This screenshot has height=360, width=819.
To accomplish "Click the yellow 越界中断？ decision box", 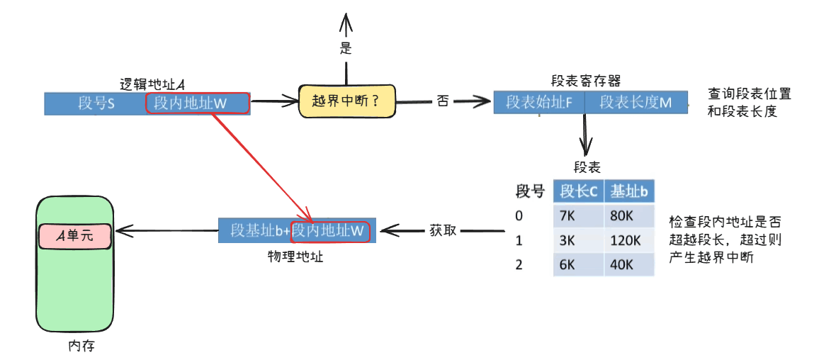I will (346, 101).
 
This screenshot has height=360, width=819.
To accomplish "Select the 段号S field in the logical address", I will (96, 103).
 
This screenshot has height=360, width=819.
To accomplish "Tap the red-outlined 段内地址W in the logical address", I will (198, 103).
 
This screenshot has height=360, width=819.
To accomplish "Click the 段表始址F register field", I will (538, 102).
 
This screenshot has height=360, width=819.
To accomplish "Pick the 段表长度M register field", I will (636, 102).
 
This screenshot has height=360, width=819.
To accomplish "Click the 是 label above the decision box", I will (346, 49).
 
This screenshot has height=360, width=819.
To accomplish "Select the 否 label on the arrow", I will (443, 101).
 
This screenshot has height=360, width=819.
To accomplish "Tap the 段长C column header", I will (578, 191).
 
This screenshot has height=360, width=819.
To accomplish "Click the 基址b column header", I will (629, 191).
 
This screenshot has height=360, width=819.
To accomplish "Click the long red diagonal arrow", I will (261, 166).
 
